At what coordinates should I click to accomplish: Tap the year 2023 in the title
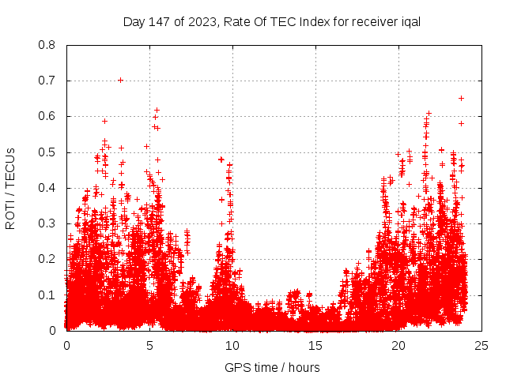click(x=201, y=21)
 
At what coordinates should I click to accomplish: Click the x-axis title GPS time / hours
click(x=272, y=367)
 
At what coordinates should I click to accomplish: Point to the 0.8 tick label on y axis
click(x=47, y=45)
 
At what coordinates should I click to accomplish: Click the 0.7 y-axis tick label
click(x=47, y=81)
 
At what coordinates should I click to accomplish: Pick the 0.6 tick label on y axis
click(x=47, y=116)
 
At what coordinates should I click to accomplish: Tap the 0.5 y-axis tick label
click(x=47, y=152)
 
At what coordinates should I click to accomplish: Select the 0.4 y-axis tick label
click(x=47, y=188)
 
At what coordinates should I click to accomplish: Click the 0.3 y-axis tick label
click(x=47, y=223)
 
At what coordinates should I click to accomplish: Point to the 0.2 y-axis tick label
click(x=47, y=259)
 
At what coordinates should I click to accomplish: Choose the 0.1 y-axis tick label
click(x=47, y=295)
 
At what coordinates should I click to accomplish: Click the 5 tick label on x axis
click(x=149, y=345)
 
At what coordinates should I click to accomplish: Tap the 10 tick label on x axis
click(x=232, y=345)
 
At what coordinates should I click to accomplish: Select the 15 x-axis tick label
click(x=315, y=345)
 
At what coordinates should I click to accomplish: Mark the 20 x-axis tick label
click(x=398, y=345)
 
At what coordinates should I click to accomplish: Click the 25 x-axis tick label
click(x=481, y=345)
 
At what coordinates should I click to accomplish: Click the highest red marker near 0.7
click(x=120, y=80)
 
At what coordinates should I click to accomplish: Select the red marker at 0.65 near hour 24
click(x=461, y=98)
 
